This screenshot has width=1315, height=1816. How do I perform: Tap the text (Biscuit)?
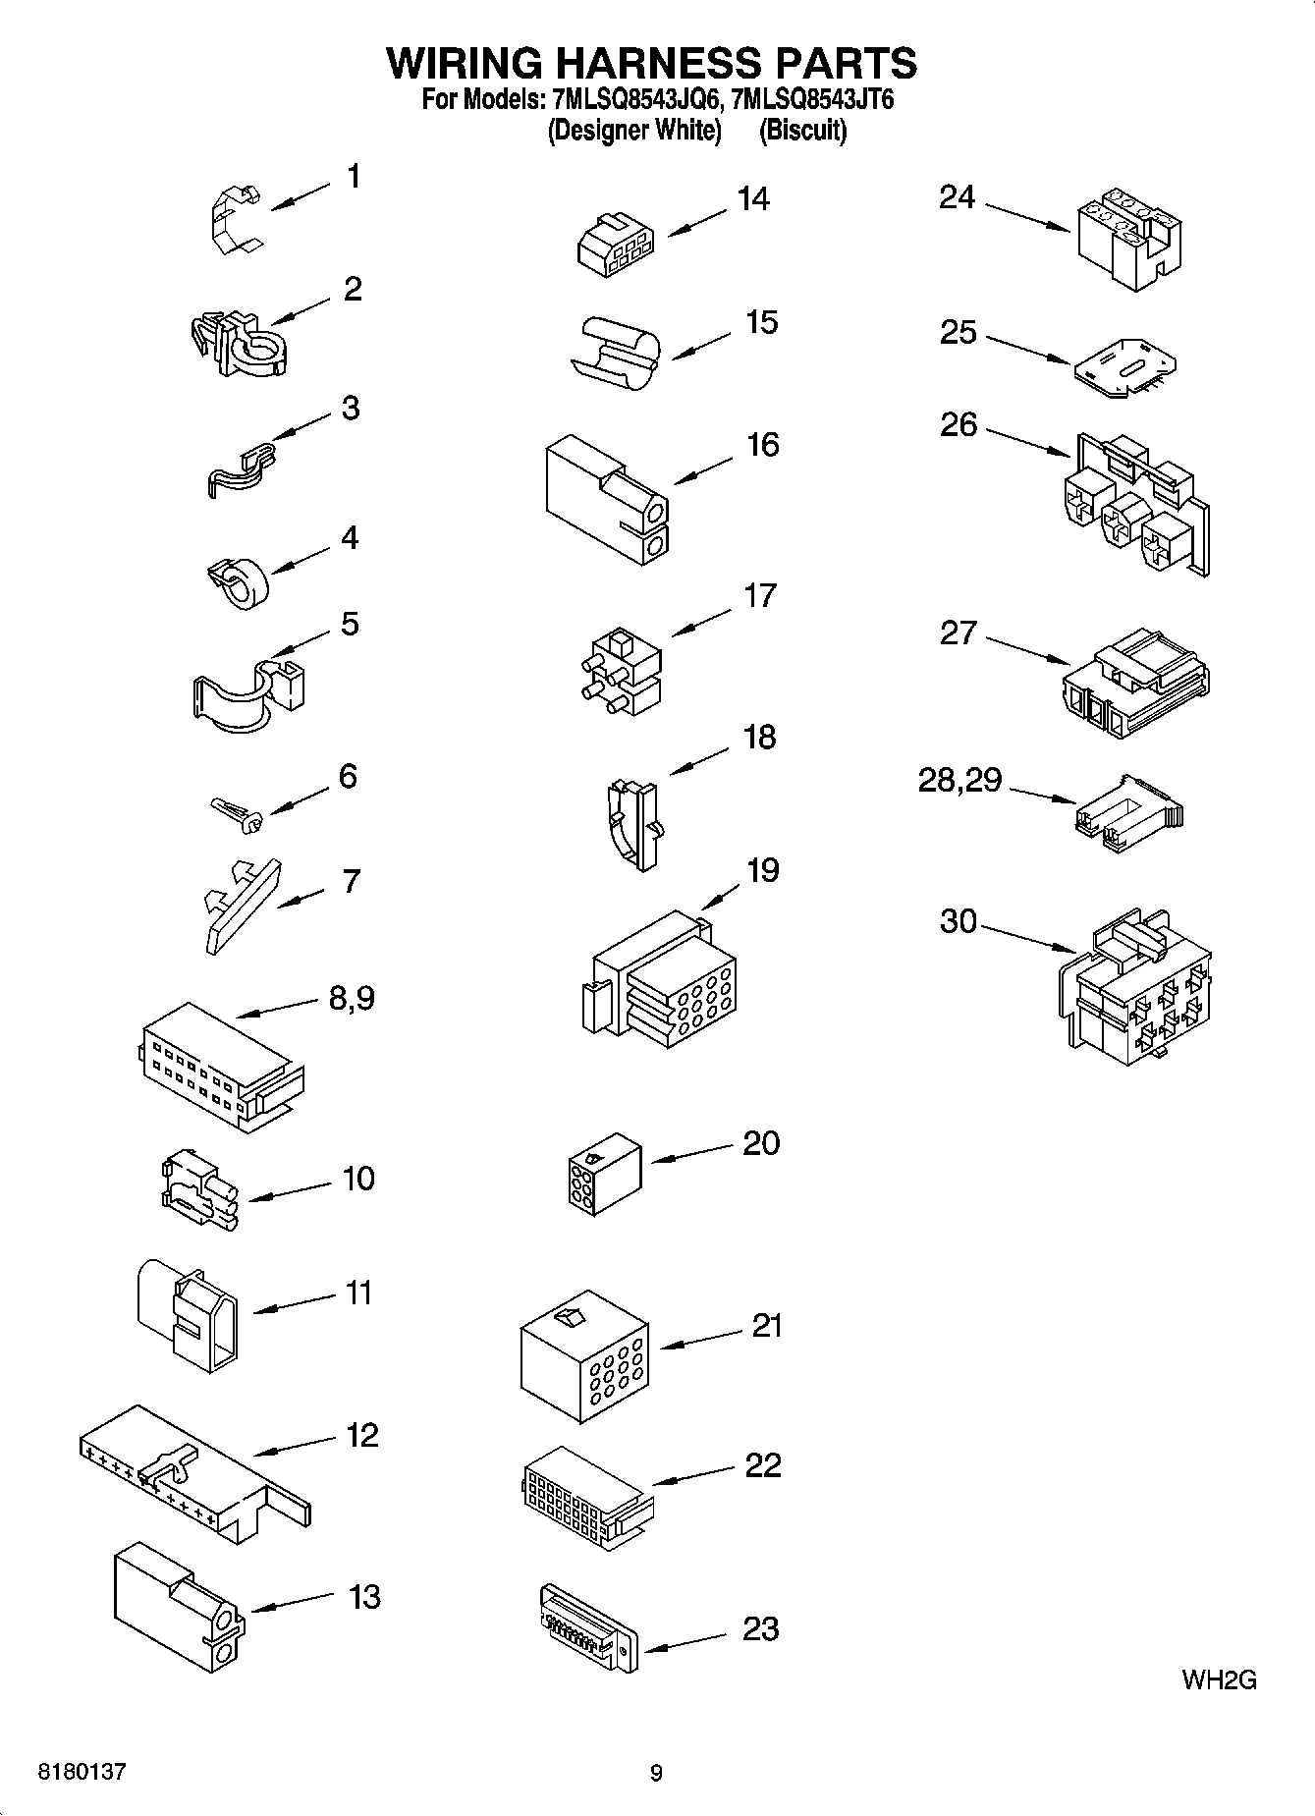[802, 130]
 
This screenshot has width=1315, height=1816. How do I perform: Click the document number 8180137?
[82, 1773]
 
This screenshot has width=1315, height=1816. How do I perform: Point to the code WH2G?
[1219, 1680]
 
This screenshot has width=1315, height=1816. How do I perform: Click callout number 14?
[753, 198]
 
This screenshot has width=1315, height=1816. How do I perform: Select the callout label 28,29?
[959, 781]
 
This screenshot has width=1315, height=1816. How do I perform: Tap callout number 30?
[959, 921]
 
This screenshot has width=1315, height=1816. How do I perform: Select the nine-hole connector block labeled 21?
[583, 1356]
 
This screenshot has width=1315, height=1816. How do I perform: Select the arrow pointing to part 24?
[1026, 218]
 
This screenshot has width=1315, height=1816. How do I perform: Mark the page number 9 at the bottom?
[656, 1773]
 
